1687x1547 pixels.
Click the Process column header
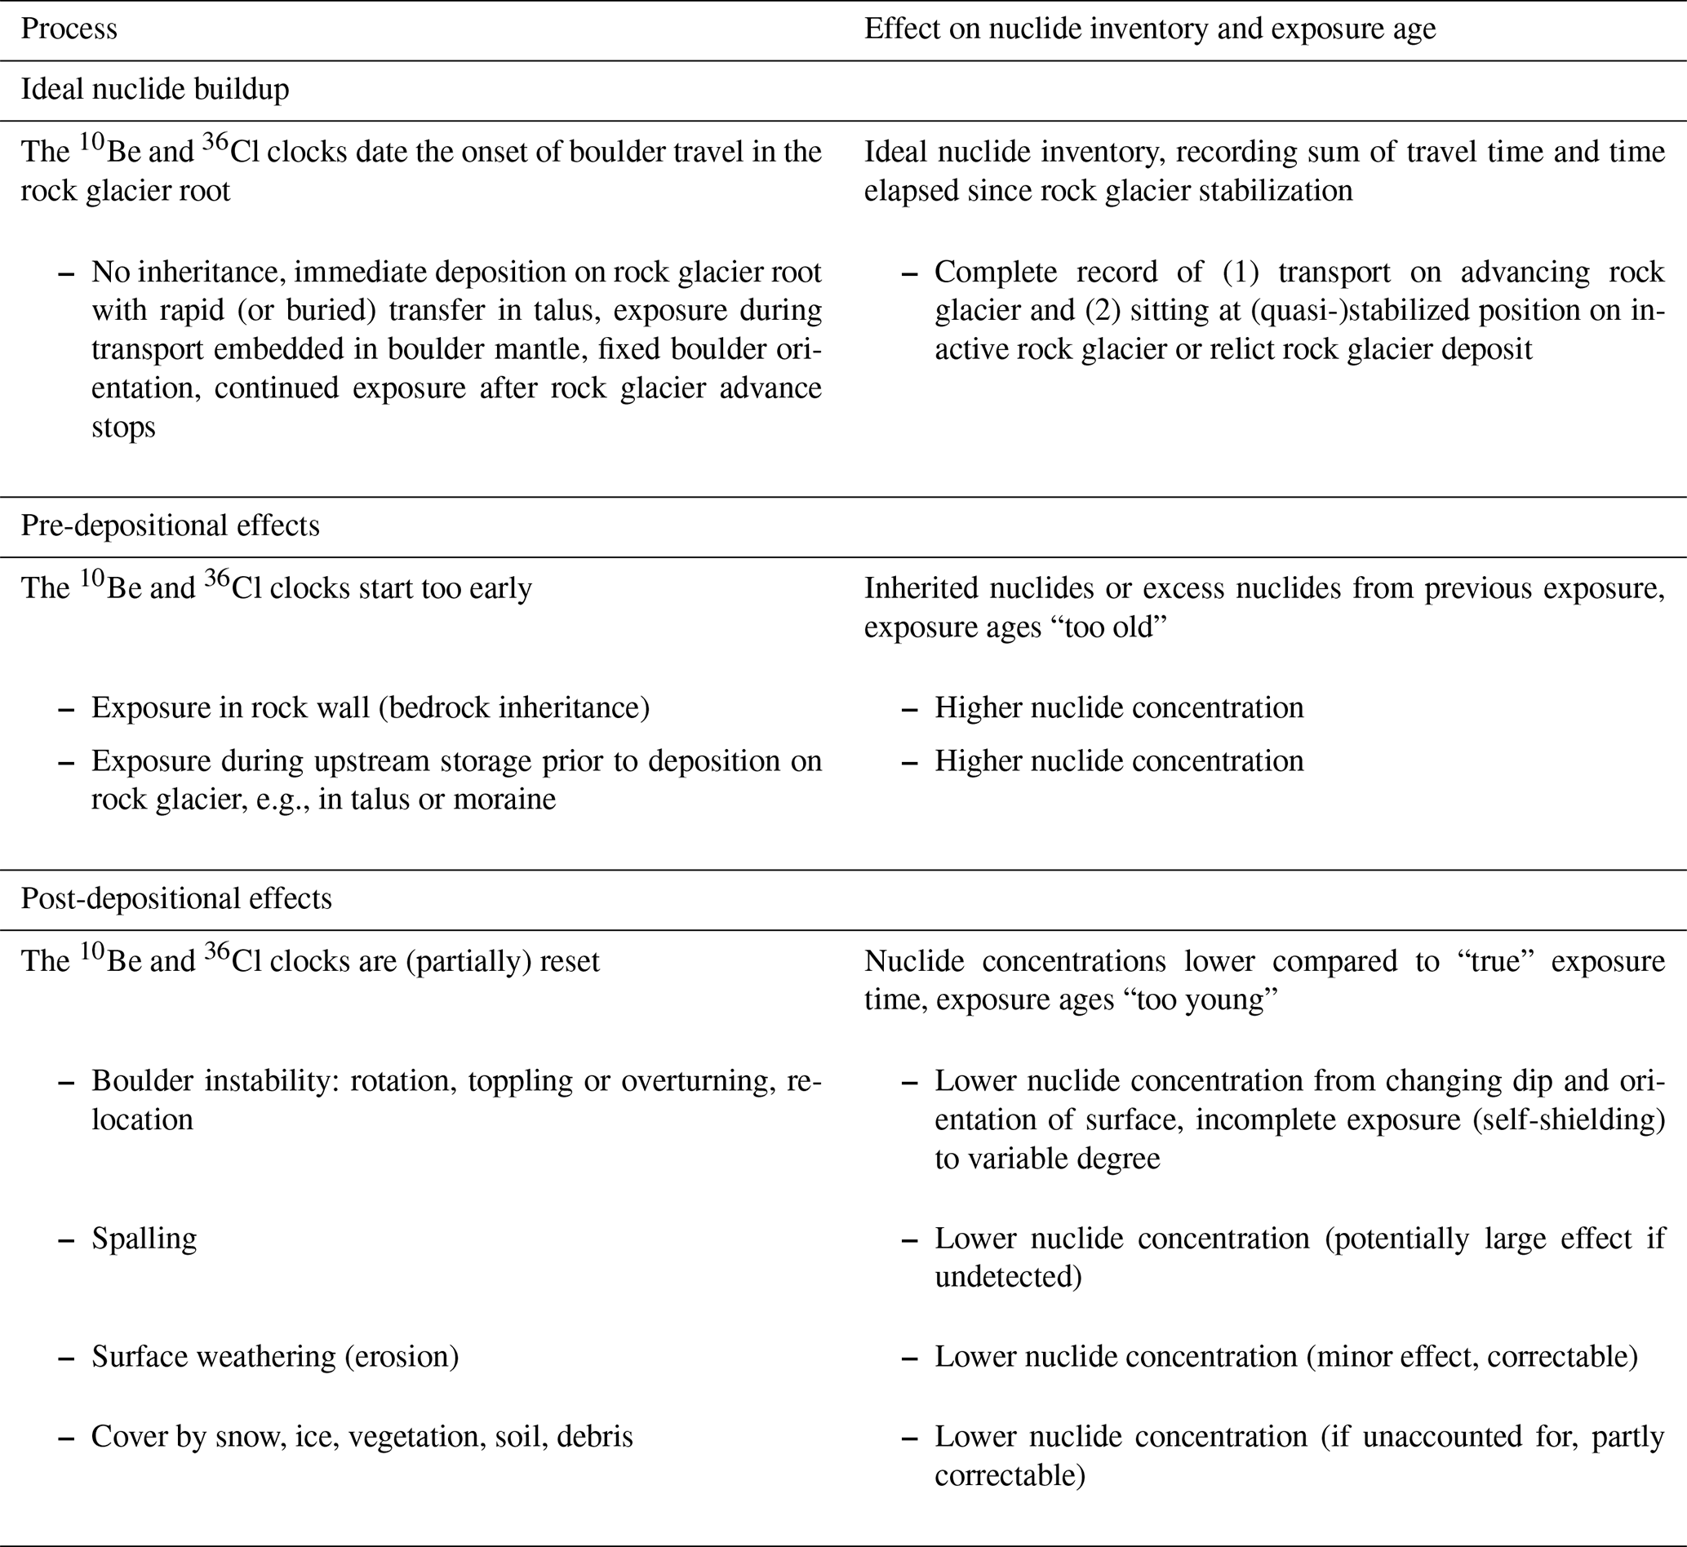pyautogui.click(x=69, y=29)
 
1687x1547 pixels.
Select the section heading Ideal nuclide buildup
pyautogui.click(x=155, y=90)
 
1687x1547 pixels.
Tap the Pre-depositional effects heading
pyautogui.click(x=170, y=525)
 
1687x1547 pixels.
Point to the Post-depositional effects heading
pyautogui.click(x=175, y=899)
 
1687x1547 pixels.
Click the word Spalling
pyautogui.click(x=144, y=1238)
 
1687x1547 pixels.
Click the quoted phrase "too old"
pyautogui.click(x=1112, y=627)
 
